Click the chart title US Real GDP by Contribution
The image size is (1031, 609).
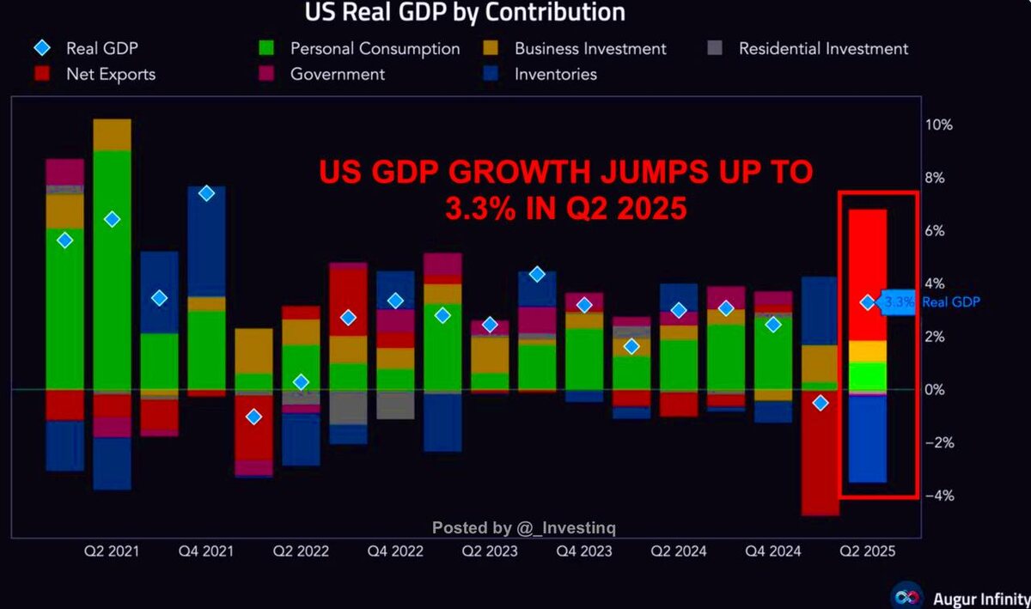click(465, 13)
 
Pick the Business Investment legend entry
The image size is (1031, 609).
click(590, 49)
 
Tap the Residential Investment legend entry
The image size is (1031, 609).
click(823, 49)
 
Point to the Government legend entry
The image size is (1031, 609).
click(337, 74)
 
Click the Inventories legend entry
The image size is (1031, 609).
click(555, 74)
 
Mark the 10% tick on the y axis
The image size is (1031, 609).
click(939, 125)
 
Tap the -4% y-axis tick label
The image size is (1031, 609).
click(939, 496)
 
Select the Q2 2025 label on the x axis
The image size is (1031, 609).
click(867, 551)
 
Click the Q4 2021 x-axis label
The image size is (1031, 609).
click(206, 551)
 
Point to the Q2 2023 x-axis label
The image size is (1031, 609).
click(490, 551)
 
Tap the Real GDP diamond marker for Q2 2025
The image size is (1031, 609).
click(868, 302)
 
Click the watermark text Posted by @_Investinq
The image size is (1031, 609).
click(523, 527)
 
